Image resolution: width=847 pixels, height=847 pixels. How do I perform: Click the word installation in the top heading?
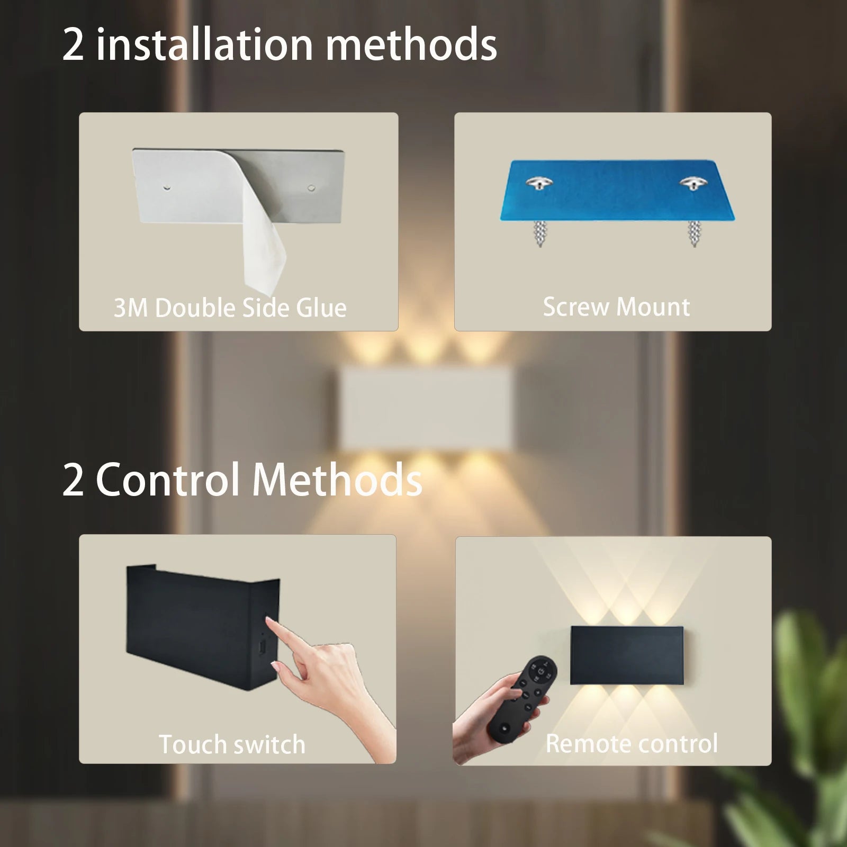point(205,44)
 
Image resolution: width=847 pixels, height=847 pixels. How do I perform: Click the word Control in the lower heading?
point(168,480)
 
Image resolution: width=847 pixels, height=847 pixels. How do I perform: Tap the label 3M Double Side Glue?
point(230,308)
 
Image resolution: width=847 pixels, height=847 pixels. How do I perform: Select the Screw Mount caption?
point(616,307)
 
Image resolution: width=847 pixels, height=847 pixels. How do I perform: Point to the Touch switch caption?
point(232,744)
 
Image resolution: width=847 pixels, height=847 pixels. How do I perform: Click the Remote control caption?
point(632,743)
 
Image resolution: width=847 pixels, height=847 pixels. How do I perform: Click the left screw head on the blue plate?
point(538,183)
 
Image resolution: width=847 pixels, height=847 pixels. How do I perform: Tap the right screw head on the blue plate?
point(692,183)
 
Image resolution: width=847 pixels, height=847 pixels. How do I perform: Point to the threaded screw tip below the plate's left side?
point(539,233)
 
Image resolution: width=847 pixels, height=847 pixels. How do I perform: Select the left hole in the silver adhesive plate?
point(167,187)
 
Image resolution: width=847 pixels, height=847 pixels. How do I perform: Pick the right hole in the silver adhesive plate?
point(311,187)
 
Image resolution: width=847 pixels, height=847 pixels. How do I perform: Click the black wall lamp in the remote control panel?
point(627,655)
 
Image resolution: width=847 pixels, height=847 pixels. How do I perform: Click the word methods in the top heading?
point(411,44)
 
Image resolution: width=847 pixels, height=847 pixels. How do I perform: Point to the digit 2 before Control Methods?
point(73,480)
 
